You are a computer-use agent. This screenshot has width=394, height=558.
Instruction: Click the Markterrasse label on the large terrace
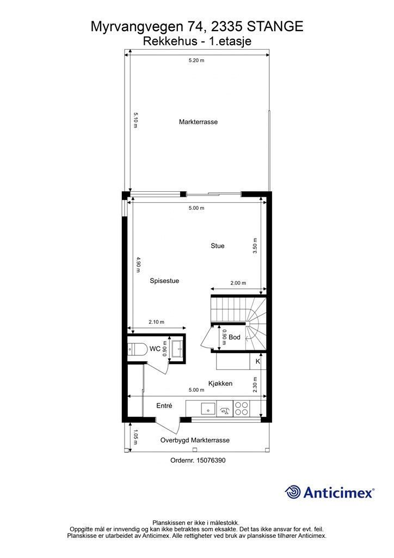coord(198,122)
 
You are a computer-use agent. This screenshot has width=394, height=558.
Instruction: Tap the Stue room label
coord(218,246)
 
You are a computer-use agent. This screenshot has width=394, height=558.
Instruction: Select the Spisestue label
coord(164,281)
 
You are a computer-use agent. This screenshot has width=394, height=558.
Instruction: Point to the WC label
coord(155,349)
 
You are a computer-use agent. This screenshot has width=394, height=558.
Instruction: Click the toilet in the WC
coord(137,349)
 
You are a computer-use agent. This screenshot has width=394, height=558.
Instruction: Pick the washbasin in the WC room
coord(177,349)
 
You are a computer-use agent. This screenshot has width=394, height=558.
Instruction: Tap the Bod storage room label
coord(235,337)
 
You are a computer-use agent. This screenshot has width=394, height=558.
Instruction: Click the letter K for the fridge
coord(258,362)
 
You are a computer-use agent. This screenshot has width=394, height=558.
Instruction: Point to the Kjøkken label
coord(220,383)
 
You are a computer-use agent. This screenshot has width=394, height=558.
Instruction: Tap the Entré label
coord(164,405)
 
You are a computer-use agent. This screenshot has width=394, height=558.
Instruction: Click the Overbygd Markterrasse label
coord(195,440)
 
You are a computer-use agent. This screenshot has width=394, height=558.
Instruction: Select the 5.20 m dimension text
coord(196,60)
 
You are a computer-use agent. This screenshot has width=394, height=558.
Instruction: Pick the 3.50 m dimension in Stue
coord(255,246)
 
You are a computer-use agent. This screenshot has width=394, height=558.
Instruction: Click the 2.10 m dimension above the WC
coord(156,322)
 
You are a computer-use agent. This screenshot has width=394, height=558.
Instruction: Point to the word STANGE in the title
coord(275,27)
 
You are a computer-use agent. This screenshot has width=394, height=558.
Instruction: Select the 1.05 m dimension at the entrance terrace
coord(136,437)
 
